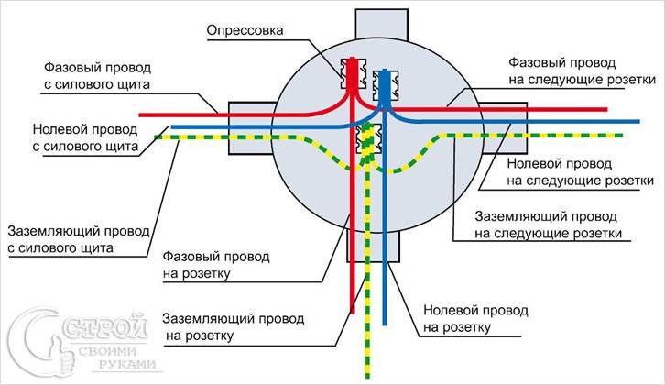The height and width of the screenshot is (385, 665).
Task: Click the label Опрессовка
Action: (245, 31)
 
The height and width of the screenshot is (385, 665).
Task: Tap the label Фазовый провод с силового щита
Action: (97, 76)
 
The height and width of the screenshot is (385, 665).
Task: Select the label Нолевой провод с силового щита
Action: (85, 137)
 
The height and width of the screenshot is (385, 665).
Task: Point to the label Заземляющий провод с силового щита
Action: (79, 240)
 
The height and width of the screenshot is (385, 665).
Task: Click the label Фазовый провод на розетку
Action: (216, 265)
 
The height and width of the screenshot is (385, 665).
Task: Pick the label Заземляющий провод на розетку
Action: (233, 327)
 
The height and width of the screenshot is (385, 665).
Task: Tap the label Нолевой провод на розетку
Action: (475, 319)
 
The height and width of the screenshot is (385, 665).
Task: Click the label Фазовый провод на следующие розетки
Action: (582, 71)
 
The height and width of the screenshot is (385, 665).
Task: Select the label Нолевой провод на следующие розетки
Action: (580, 172)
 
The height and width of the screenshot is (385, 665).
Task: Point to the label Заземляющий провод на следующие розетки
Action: (548, 225)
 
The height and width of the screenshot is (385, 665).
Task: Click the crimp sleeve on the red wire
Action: (354, 73)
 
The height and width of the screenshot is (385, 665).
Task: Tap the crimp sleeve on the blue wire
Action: (385, 86)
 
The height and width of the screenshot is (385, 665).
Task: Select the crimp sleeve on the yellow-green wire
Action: (369, 138)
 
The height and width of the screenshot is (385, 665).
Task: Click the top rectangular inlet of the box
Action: (382, 26)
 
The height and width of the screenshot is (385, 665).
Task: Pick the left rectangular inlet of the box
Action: (252, 128)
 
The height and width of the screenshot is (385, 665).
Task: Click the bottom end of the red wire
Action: (352, 312)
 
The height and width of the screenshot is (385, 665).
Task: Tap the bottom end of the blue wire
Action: (385, 324)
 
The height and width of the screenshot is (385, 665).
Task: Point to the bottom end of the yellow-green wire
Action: (367, 376)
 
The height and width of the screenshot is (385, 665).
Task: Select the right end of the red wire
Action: (605, 109)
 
